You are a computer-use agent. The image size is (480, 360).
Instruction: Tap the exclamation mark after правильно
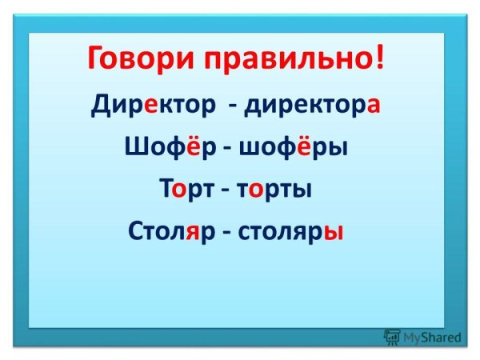[x=378, y=58]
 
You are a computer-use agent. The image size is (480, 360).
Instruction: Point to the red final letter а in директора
[x=371, y=106]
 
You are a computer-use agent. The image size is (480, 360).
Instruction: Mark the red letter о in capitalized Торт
[x=181, y=192]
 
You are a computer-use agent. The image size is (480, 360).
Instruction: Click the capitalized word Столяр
[x=167, y=232]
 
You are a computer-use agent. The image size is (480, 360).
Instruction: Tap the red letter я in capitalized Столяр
[x=192, y=234]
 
